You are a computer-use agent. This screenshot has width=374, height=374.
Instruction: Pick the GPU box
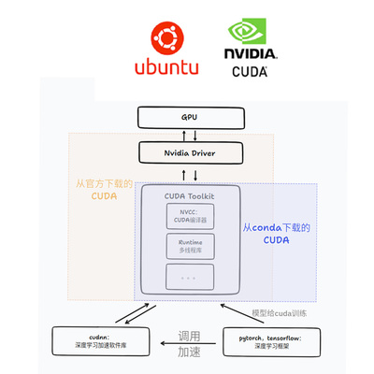[x=189, y=118]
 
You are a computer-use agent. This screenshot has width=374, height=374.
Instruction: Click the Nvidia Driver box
[x=189, y=151]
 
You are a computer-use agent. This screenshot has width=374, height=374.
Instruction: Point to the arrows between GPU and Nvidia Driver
[x=190, y=135]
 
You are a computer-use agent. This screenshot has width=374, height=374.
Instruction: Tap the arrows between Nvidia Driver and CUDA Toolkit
[x=190, y=174]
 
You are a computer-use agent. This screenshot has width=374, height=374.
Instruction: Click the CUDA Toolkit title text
[x=190, y=194]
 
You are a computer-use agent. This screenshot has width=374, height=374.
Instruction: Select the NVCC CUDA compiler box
[x=190, y=216]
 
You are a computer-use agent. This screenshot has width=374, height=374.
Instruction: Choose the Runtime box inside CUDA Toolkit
[x=190, y=246]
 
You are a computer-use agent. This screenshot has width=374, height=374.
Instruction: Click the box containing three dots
[x=190, y=276]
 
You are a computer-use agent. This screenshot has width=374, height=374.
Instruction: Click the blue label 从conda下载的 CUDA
[x=278, y=234]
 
